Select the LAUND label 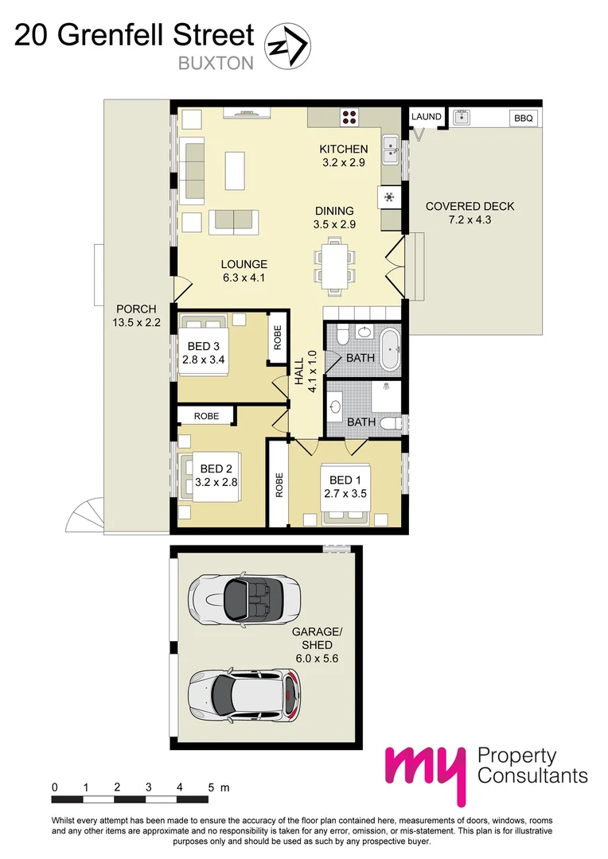point(427,117)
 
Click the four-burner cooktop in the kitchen point(349,117)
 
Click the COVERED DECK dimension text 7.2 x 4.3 point(470,220)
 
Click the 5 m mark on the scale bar point(212,788)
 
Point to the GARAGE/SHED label point(317,638)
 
